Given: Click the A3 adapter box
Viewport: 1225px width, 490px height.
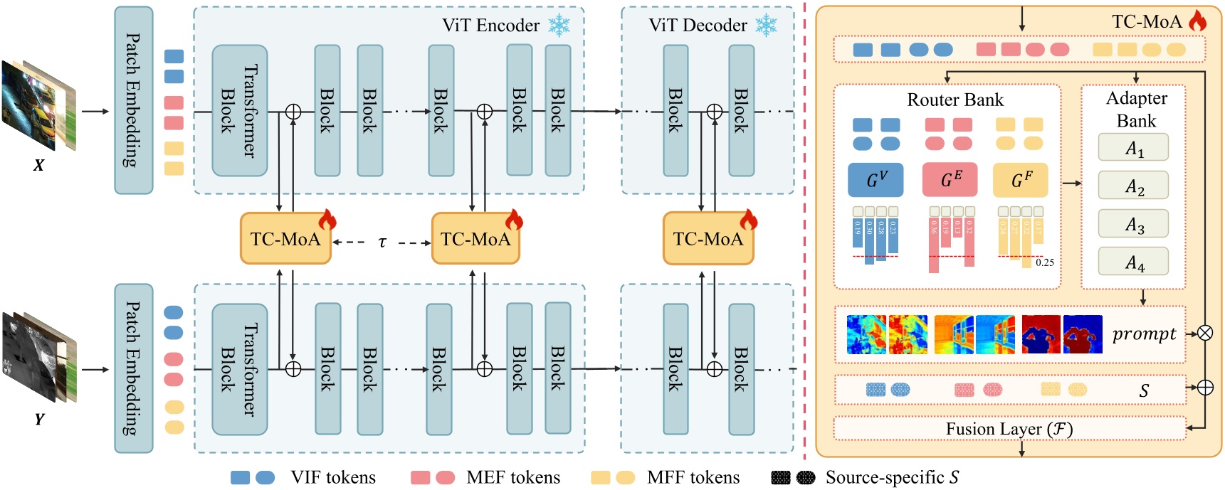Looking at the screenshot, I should (x=1132, y=224).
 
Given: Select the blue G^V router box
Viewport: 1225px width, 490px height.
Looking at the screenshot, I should (x=875, y=180).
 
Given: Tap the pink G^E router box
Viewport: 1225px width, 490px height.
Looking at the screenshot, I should (x=950, y=180).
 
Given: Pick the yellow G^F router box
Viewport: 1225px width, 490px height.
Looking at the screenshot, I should (x=1020, y=180).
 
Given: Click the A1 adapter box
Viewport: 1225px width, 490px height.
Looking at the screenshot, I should (x=1132, y=148).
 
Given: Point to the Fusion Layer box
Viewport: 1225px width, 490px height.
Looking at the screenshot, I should (x=1009, y=429).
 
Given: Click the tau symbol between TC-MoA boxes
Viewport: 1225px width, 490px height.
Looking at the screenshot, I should (x=382, y=243).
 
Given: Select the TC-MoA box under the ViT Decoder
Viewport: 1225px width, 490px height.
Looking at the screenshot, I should (x=708, y=239).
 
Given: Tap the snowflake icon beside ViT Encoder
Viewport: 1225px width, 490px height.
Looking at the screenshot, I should (x=559, y=26).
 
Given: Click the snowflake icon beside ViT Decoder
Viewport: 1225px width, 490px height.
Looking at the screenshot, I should (x=766, y=26).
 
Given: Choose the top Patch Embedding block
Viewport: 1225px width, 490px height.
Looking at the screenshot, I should (x=133, y=100).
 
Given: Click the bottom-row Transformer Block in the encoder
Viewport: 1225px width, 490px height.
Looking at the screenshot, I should (x=239, y=369).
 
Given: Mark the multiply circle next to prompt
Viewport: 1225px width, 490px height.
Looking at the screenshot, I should (x=1204, y=333).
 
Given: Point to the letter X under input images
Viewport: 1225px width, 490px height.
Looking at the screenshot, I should (x=38, y=166).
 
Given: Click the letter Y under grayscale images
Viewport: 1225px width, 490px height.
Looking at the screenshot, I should (x=39, y=420).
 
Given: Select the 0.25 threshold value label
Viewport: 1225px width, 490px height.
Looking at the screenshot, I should (x=1045, y=262).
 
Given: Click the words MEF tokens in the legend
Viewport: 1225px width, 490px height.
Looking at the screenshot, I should (x=512, y=477).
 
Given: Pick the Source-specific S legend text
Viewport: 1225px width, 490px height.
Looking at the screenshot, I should (x=892, y=477).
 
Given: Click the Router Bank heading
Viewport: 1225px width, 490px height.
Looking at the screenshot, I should (x=955, y=100).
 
